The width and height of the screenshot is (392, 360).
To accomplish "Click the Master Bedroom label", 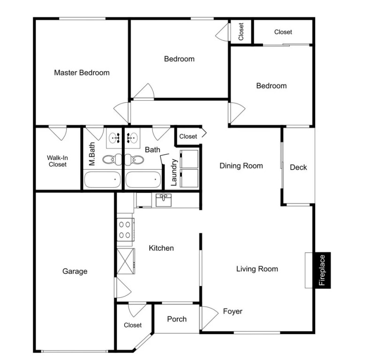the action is click(82, 73).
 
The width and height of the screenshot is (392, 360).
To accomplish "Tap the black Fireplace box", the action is click(323, 270).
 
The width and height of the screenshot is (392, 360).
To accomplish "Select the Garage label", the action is click(75, 271).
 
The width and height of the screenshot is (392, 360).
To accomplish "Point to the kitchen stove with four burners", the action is click(126, 230).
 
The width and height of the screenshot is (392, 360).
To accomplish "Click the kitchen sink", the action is click(164, 200).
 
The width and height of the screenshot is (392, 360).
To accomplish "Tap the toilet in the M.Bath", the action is click(112, 159).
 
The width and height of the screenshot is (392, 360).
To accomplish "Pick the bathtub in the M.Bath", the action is click(102, 180).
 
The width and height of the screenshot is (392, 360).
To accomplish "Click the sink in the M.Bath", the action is click(114, 138).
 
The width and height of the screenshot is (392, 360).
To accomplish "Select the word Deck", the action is click(298, 167).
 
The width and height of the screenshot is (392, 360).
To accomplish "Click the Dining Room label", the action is click(241, 166).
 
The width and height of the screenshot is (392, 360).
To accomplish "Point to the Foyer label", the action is click(233, 312).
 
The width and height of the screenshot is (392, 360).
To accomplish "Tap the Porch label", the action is click(177, 319).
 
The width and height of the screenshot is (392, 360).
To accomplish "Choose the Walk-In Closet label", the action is click(58, 161).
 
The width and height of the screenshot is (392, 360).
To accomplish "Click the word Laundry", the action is click(174, 172).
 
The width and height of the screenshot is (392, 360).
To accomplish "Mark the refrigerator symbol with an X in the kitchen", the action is click(126, 261).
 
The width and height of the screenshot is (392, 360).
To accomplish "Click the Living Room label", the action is click(257, 269).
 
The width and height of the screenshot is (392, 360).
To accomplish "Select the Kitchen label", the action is click(161, 248).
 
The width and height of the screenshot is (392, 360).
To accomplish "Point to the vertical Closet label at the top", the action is click(241, 31).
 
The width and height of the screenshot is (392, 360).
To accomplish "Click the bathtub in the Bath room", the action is click(143, 180).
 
